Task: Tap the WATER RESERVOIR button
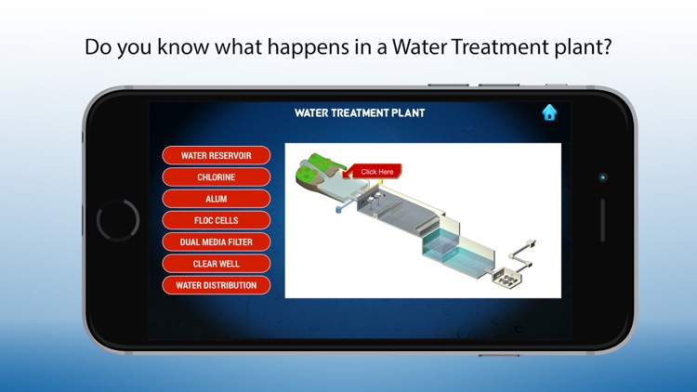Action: (216, 155)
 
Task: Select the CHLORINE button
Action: (216, 176)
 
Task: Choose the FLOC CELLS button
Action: (216, 220)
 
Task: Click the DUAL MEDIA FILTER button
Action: (216, 242)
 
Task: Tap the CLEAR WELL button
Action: (216, 264)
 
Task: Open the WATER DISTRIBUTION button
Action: (216, 285)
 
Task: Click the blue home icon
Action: (549, 112)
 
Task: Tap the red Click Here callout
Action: (375, 172)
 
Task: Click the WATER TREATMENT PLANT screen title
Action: (360, 113)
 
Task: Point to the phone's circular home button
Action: (118, 220)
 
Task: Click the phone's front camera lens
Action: (602, 176)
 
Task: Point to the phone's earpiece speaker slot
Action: (602, 221)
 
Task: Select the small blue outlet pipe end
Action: (338, 210)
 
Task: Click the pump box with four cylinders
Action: (508, 276)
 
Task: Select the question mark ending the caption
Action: (606, 47)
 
